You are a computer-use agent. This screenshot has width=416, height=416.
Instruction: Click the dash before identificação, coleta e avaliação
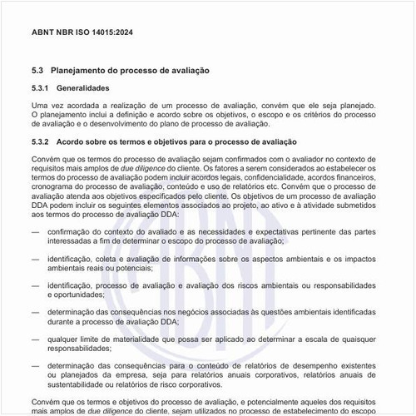[36, 260]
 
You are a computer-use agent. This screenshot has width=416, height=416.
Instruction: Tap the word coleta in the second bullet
[114, 260]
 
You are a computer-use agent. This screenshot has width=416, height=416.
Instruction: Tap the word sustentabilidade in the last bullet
[78, 387]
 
